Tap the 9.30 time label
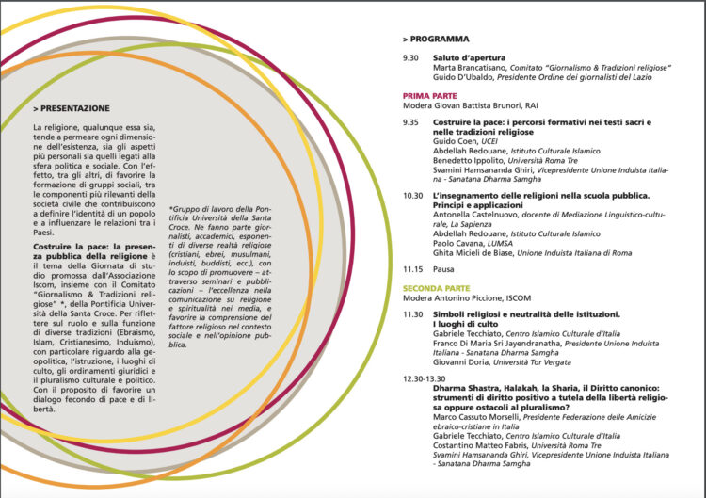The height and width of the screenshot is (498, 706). pos(410,58)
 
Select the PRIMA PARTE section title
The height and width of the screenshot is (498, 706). pos(429,96)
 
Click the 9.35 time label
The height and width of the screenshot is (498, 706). pos(410,122)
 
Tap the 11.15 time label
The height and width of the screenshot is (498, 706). pos(412,268)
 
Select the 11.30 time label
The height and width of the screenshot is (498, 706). pos(412,313)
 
